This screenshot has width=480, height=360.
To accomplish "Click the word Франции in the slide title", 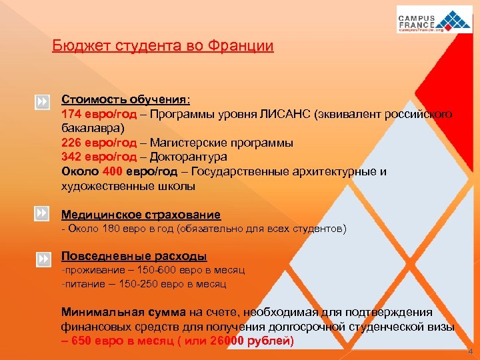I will point(241,46).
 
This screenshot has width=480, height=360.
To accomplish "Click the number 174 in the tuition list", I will point(71,113).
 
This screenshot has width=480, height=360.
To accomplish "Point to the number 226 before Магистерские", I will point(71,142).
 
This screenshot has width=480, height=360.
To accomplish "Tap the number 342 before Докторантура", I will point(71,157).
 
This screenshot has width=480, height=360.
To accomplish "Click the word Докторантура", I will point(189,157).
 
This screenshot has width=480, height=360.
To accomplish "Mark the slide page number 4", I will point(471,351).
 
